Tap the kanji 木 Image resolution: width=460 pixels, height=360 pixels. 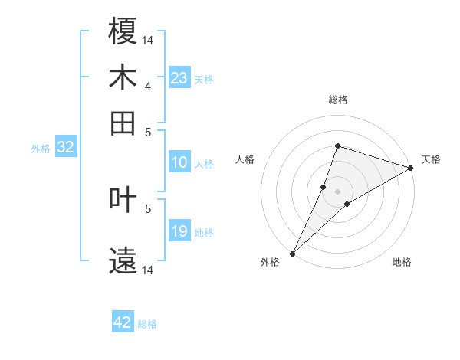coord(123,77)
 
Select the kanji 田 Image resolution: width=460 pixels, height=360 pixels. coord(123,123)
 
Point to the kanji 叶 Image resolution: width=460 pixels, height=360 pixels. coord(123,201)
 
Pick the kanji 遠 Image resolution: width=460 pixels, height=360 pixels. coord(123,261)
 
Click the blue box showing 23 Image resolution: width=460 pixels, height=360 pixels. coord(179,78)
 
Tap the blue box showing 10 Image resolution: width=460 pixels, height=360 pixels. coord(179,162)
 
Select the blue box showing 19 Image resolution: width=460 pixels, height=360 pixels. coord(179,231)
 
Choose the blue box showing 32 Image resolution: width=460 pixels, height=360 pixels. coord(65,148)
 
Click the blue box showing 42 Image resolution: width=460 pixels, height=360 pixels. coord(123,322)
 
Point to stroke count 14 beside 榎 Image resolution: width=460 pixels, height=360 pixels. coord(148,39)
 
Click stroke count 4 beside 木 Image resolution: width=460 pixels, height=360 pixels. coord(148,86)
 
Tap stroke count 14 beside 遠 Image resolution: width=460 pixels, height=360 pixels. coord(148,270)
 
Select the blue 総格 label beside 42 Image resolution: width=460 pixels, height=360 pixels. coord(147,324)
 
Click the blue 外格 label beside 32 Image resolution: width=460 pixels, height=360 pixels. coord(40,149)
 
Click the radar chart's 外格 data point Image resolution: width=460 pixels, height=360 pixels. coord(293,253)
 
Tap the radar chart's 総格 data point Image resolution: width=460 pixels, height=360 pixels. coord(337,146)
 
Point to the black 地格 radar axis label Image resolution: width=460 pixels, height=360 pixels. coord(402,263)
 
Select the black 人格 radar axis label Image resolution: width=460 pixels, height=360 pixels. coord(245,159)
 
